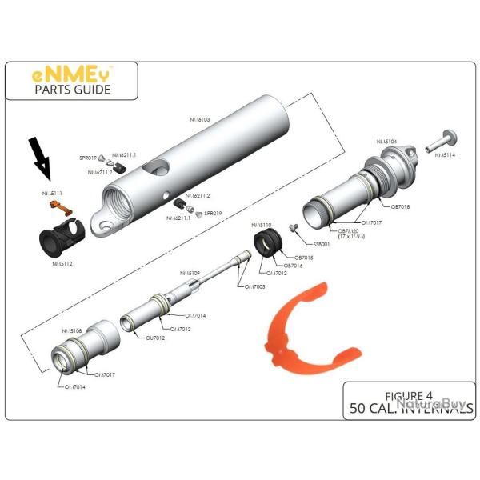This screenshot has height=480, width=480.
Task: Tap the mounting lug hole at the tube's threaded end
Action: click(102, 229)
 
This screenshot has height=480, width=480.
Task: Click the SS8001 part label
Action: click(322, 244)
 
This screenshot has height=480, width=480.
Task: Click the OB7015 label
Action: click(299, 258)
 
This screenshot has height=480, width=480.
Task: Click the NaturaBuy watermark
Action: click(431, 406)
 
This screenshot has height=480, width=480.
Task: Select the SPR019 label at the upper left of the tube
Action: click(88, 158)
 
